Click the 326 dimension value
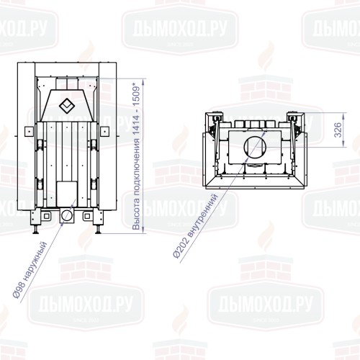pyautogui.click(x=338, y=130)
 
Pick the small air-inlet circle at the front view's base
pyautogui.click(x=66, y=215)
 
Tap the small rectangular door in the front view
pyautogui.click(x=66, y=192)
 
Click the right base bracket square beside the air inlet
pyautogui.click(x=86, y=215)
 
